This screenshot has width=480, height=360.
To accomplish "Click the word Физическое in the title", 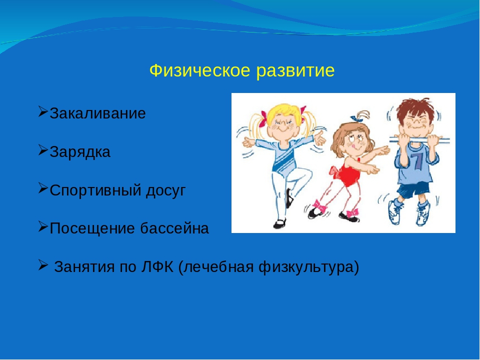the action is click(x=199, y=71).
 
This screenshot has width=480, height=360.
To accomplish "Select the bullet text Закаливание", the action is click(x=97, y=113).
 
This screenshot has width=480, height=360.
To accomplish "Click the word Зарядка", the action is click(x=80, y=152).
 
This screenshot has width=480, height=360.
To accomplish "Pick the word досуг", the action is click(x=165, y=191).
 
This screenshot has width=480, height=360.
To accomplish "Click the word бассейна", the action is click(x=174, y=228).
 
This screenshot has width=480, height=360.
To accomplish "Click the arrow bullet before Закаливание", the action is click(x=43, y=111).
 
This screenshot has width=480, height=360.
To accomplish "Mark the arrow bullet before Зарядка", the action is click(x=43, y=150).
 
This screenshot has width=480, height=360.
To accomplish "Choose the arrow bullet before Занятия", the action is click(x=43, y=265).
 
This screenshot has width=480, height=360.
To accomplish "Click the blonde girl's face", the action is click(x=281, y=126).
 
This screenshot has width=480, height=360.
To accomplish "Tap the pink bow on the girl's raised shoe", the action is click(x=319, y=206).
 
